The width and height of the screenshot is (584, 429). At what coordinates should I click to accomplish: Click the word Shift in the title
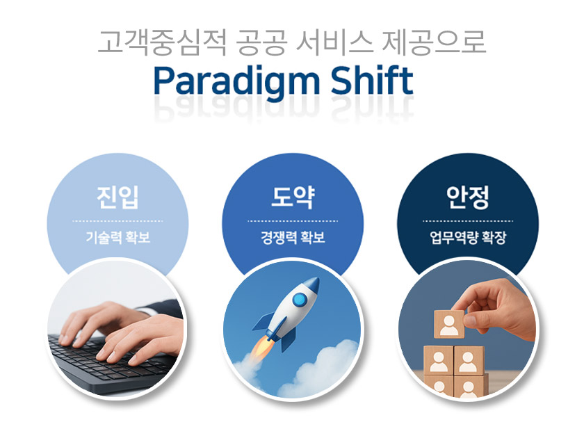coord(372,80)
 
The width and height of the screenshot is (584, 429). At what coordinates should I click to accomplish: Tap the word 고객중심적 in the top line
coord(161,42)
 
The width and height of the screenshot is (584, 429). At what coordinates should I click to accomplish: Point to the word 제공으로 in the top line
coord(434,42)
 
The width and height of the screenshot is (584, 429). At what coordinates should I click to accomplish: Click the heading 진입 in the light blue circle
coord(117,197)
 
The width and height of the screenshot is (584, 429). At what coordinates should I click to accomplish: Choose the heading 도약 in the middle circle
coord(293,197)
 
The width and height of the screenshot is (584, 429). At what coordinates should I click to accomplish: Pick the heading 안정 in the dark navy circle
coord(468,197)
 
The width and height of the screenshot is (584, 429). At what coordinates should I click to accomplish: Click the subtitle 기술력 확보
coord(118,237)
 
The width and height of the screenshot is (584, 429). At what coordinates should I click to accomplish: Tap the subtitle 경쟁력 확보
coord(293,237)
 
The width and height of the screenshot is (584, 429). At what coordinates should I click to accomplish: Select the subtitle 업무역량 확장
coord(468,237)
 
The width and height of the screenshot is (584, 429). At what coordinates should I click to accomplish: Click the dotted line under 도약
coord(293,221)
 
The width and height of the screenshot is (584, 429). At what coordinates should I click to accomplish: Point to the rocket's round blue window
coord(300,300)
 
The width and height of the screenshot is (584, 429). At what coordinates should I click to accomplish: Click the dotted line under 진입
coord(117,221)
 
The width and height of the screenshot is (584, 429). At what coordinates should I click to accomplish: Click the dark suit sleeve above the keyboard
coord(164,308)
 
